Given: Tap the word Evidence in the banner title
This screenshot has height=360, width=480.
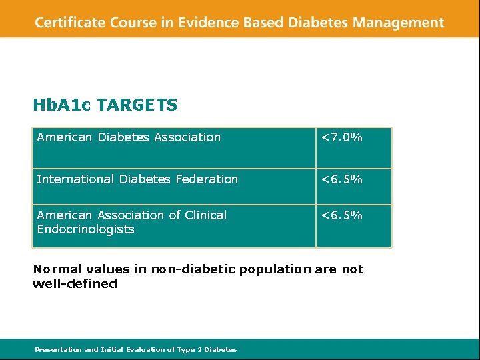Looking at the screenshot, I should point(195,23).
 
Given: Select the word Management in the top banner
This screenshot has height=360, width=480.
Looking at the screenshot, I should point(398,23).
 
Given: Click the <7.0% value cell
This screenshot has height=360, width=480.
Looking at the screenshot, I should point(342,137).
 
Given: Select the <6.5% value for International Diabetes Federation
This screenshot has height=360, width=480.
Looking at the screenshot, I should point(342,179).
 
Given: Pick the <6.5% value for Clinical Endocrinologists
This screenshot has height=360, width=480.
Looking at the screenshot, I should point(342,215).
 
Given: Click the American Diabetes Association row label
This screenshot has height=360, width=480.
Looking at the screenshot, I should point(129,137).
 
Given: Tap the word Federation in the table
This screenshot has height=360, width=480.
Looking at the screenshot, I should point(205,179).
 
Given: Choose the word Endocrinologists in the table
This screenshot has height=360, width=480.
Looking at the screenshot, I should point(85,229).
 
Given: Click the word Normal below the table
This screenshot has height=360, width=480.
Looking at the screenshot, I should point(57,269).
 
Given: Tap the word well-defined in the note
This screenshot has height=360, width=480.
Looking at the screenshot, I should point(75,284).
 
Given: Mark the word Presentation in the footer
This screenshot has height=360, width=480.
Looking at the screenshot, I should point(58,349).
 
